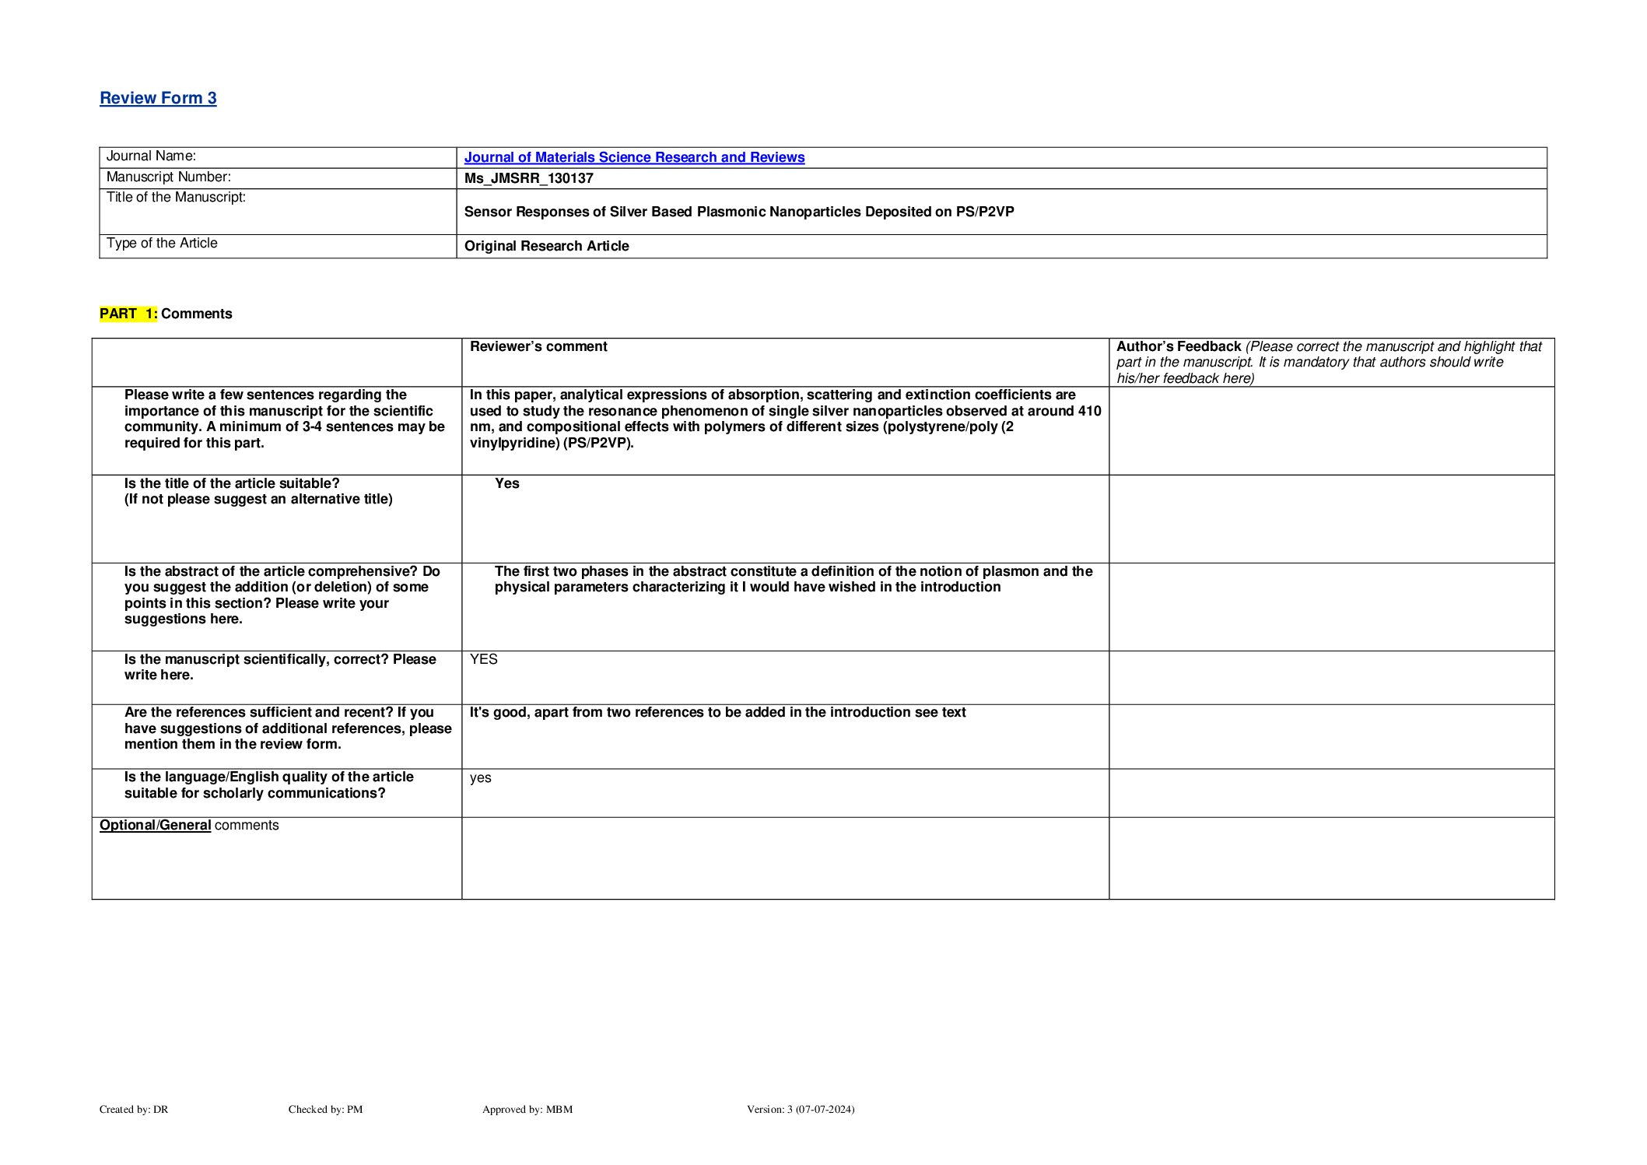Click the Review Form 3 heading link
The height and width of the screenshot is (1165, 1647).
(158, 98)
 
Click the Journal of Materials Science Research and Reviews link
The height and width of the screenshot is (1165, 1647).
(634, 157)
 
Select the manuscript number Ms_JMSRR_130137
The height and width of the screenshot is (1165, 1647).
(528, 178)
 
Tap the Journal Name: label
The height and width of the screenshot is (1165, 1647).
(151, 156)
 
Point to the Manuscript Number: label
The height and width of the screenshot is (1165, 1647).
(168, 177)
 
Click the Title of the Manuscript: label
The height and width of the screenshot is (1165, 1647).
(176, 198)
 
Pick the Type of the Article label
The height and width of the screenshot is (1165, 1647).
(162, 244)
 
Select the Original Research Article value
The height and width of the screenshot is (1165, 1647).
(546, 246)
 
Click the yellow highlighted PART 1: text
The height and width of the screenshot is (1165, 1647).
(128, 314)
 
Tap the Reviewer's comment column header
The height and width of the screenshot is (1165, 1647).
(538, 346)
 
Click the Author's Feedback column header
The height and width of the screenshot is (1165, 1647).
(1178, 346)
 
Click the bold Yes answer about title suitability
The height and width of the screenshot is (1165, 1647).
(506, 483)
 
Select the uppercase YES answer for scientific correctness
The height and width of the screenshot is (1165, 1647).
(483, 659)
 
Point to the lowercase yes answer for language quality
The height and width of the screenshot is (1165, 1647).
(480, 777)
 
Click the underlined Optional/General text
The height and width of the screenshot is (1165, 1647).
(155, 825)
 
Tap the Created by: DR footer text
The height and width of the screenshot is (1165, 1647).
(134, 1109)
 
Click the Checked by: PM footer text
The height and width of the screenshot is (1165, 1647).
(325, 1109)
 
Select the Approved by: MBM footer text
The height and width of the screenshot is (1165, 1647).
(527, 1109)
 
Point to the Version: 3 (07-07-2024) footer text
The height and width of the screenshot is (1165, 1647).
(800, 1109)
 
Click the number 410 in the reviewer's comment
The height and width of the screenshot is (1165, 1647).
(1089, 411)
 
